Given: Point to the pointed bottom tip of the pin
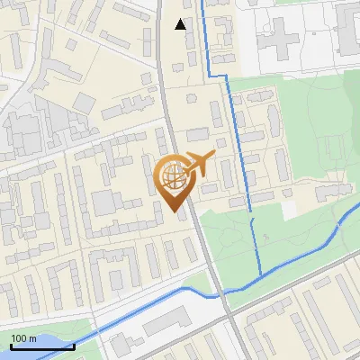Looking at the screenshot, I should [175, 210].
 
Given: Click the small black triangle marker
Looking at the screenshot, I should [180, 24].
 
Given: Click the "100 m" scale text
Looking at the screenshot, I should [22, 338].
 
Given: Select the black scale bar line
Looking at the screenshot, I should [41, 346].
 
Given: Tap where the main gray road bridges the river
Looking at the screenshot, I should [219, 293].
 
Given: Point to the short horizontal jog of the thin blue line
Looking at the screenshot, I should [215, 76].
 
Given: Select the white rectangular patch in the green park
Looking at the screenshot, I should [289, 208].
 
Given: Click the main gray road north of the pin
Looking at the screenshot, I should [167, 99].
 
